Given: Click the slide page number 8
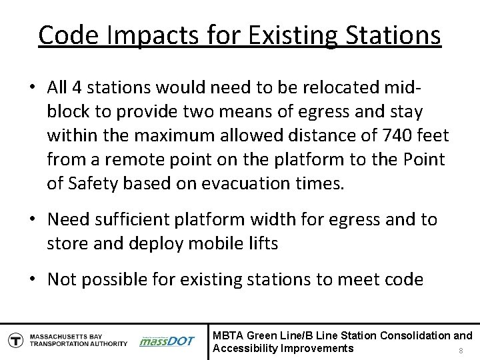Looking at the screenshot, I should pyautogui.click(x=461, y=350).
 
